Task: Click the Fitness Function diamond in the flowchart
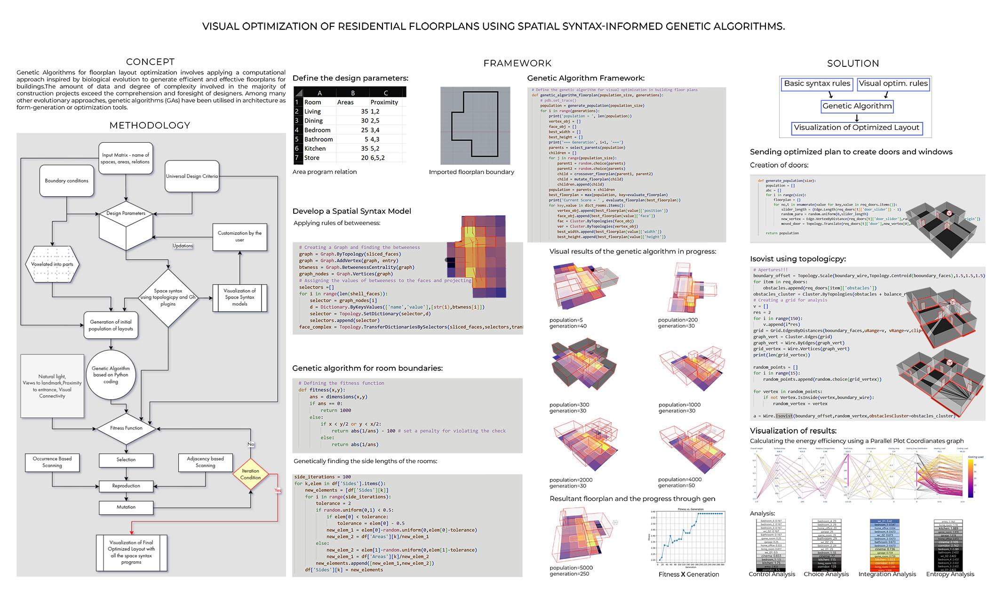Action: point(126,428)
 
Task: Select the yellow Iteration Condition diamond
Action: point(250,474)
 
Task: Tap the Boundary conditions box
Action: point(66,181)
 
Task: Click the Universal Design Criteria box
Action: point(192,177)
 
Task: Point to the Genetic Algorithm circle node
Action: point(111,375)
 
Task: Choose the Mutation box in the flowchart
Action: point(126,508)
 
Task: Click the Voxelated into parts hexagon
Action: point(52,265)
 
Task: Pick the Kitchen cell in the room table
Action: point(315,149)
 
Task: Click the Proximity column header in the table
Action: point(384,102)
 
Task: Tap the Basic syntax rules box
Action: point(817,84)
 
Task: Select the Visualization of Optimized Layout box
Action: point(856,128)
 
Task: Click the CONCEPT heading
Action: point(150,62)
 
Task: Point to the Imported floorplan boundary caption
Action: point(471,172)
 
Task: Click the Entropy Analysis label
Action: point(950,574)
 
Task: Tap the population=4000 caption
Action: point(679,480)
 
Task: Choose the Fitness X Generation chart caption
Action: point(689,574)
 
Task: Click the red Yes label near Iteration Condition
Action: point(278,491)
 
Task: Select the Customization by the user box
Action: point(239,236)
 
